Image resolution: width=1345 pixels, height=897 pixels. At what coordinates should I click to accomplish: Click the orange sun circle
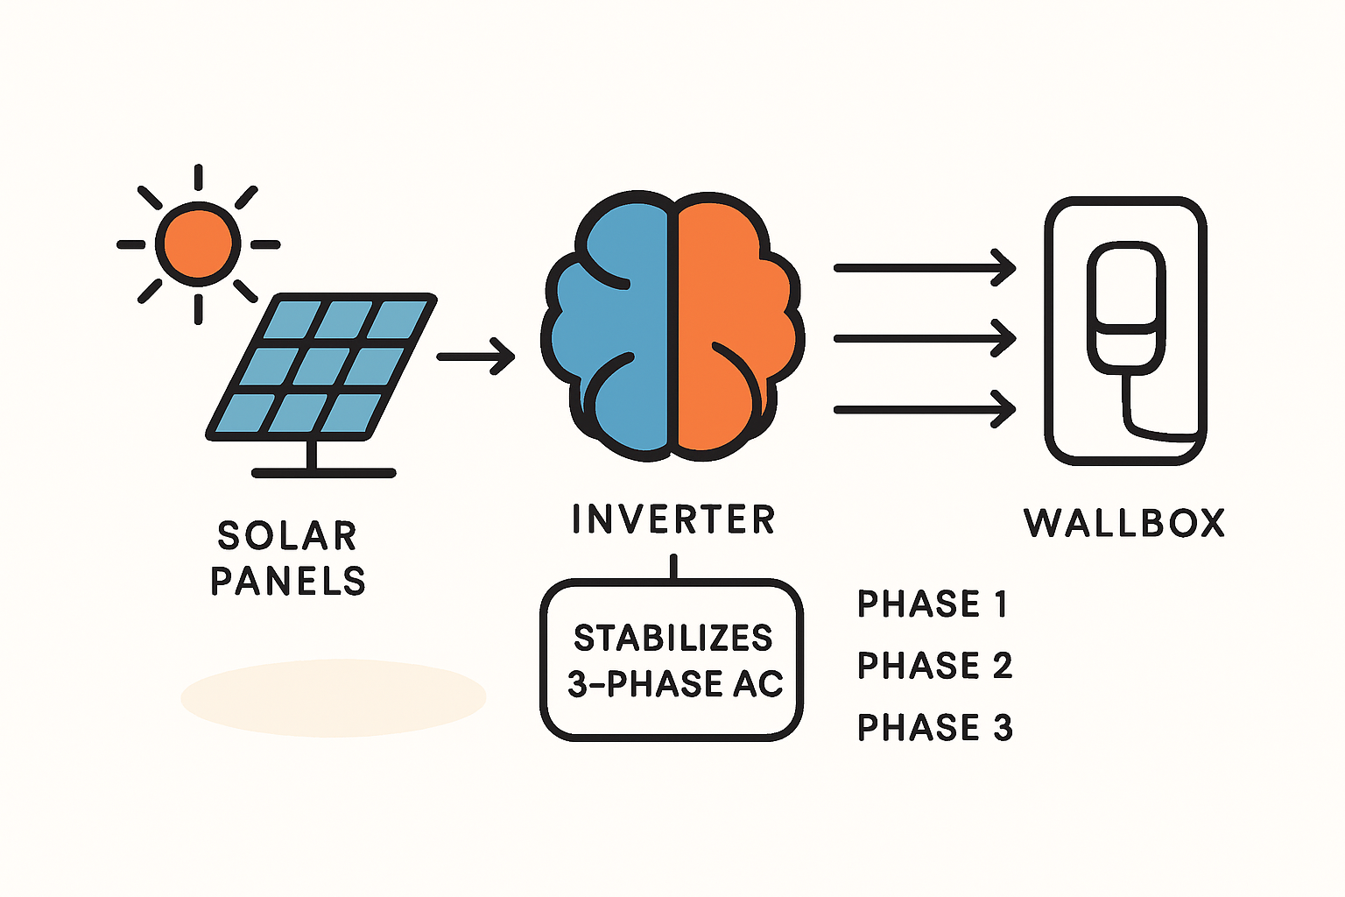198,244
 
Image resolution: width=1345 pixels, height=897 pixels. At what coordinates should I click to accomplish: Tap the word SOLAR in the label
287,536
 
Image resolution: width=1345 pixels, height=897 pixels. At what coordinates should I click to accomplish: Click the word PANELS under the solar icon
287,581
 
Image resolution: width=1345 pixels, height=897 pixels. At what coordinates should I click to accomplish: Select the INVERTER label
672,519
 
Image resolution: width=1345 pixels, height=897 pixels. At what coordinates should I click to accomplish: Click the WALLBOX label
1124,523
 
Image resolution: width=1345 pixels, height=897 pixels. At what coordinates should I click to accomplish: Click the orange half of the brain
736,333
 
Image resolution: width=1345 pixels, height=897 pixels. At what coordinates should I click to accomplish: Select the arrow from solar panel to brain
475,357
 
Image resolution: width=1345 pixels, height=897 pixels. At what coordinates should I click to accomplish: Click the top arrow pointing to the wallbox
924,267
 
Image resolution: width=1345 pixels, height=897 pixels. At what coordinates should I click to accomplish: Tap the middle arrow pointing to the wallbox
924,338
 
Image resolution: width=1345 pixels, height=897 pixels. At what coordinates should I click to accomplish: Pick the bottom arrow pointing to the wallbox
924,409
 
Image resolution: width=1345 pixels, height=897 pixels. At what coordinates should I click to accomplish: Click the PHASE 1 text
932,604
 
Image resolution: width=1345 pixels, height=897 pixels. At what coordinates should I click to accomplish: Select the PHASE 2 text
934,666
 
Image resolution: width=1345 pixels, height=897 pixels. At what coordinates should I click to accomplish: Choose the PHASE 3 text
934,728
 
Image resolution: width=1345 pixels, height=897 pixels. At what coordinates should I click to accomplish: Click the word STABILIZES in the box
672,639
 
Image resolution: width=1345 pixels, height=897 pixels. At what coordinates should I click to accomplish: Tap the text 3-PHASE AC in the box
674,684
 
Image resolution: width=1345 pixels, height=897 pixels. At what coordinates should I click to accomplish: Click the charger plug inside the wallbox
1126,307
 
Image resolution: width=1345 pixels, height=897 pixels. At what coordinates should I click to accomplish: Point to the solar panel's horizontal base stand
324,473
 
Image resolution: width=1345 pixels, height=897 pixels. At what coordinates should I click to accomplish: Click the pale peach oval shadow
333,698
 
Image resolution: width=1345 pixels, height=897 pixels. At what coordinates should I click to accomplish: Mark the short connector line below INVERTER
672,567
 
